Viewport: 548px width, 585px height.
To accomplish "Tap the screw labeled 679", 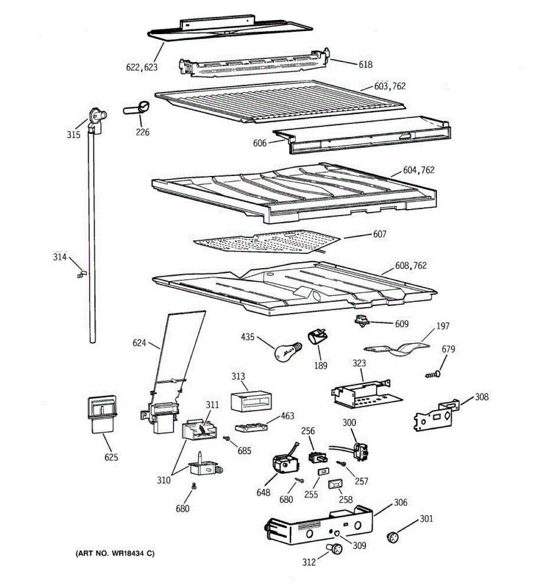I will click(x=433, y=374).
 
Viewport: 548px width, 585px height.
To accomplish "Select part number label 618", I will click(x=365, y=64).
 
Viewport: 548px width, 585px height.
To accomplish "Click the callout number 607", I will click(x=379, y=234).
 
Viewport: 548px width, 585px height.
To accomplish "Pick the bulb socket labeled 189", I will click(x=316, y=337).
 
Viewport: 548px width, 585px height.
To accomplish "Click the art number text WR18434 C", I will click(x=115, y=553).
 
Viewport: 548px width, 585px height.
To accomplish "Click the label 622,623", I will click(x=142, y=68).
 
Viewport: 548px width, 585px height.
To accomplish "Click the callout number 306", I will click(x=400, y=503).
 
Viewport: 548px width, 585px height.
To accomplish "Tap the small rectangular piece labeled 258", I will click(x=334, y=484).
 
